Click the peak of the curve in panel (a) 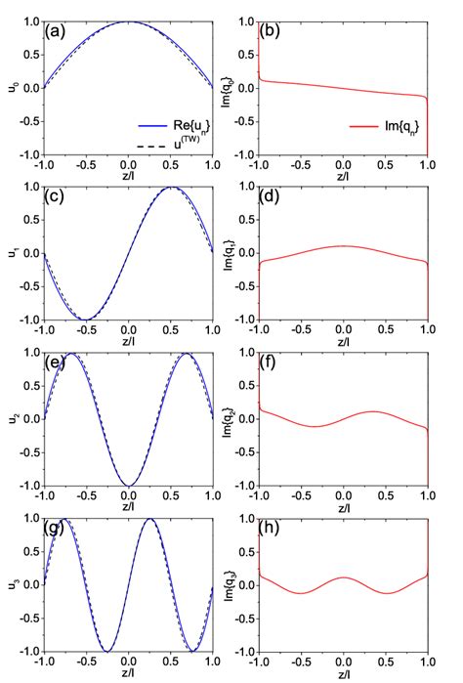pos(129,21)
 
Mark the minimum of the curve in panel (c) pos(86,320)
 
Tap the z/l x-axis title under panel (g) pos(129,676)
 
